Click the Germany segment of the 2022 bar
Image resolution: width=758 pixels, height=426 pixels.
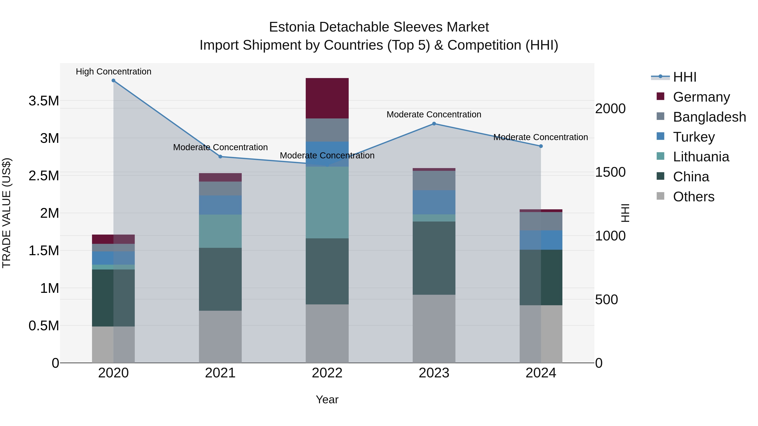click(x=327, y=98)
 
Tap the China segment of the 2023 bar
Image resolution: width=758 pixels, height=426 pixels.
click(x=434, y=258)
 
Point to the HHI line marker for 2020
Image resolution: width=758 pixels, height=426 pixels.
click(x=113, y=81)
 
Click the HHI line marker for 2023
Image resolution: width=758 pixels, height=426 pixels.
click(x=434, y=124)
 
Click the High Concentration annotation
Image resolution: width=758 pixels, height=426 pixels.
click(x=113, y=72)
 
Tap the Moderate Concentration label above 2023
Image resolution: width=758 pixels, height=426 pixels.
click(x=434, y=114)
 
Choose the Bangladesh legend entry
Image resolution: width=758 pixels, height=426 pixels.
click(x=709, y=117)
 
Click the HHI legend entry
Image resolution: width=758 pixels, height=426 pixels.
click(x=685, y=77)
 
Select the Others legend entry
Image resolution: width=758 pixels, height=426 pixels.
click(x=693, y=197)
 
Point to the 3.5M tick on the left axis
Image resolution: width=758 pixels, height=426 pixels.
click(x=44, y=101)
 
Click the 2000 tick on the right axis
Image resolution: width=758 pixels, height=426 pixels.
click(x=610, y=109)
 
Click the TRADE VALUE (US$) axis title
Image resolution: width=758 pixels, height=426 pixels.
click(x=7, y=213)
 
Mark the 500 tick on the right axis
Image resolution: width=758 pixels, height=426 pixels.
click(x=606, y=300)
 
